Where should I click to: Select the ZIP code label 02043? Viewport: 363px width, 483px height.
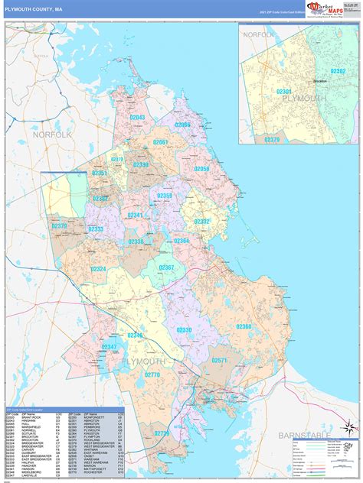pyautogui.click(x=137, y=118)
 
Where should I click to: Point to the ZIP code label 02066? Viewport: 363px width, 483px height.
pyautogui.click(x=181, y=125)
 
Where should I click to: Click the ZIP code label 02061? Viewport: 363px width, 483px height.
pyautogui.click(x=161, y=142)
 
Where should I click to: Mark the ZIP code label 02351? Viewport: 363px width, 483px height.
pyautogui.click(x=100, y=173)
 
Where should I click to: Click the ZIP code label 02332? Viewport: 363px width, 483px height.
pyautogui.click(x=201, y=222)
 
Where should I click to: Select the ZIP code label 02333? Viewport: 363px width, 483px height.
pyautogui.click(x=96, y=229)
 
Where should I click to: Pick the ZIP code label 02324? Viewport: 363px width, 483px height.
pyautogui.click(x=99, y=269)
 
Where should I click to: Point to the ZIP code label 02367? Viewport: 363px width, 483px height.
pyautogui.click(x=166, y=267)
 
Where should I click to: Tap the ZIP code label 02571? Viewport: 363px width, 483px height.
pyautogui.click(x=220, y=360)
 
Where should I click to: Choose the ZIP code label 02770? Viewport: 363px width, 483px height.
pyautogui.click(x=152, y=374)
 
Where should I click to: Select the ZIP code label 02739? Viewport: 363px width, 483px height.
pyautogui.click(x=162, y=433)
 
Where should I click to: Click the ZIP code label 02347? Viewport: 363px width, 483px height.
pyautogui.click(x=110, y=346)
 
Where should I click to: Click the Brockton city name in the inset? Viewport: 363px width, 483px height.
pyautogui.click(x=319, y=81)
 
